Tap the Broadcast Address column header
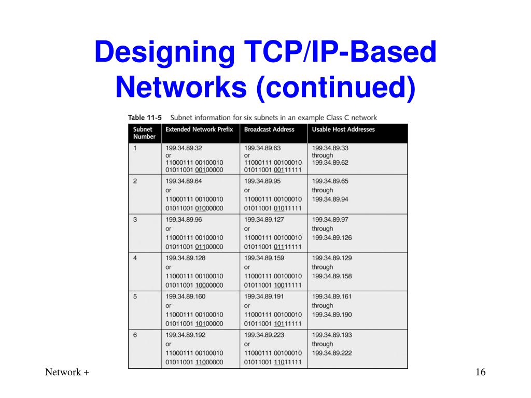(269, 129)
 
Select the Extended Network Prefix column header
(200, 129)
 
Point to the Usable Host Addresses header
(343, 129)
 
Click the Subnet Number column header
(144, 133)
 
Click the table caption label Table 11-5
(145, 117)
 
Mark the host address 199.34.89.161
(332, 296)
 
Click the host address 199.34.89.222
(332, 353)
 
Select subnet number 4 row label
(135, 258)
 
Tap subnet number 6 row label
(135, 335)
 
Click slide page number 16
(479, 373)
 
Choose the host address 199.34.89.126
(332, 238)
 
